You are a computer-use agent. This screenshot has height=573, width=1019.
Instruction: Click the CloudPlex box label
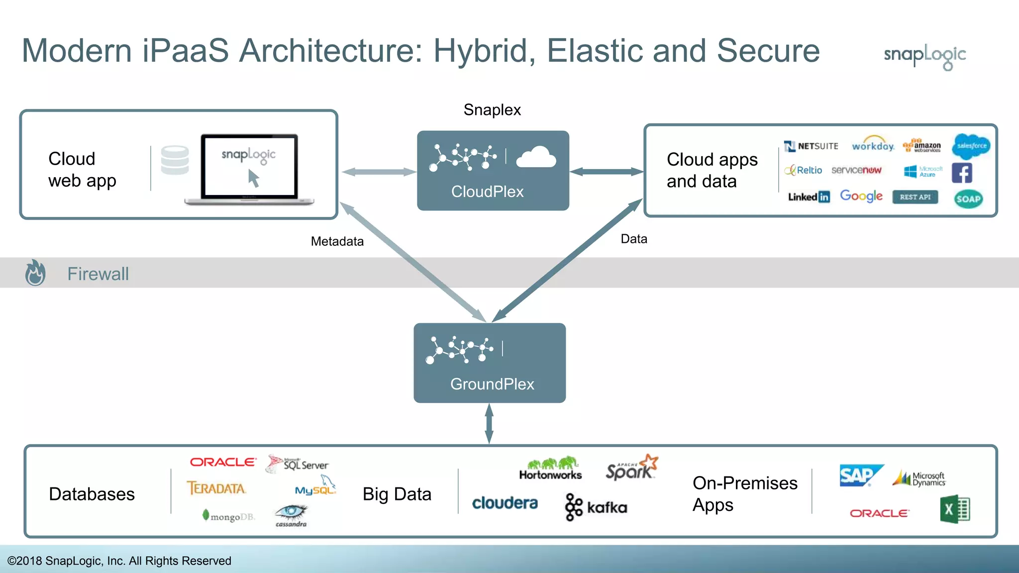tap(487, 191)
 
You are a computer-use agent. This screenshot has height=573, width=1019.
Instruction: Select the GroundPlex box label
tap(492, 384)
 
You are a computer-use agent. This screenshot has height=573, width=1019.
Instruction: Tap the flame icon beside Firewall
tap(35, 273)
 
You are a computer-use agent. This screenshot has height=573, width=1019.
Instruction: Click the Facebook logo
tap(961, 173)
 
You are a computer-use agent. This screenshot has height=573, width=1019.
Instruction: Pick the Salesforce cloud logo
tap(971, 146)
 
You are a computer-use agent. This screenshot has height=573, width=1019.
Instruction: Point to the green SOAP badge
tap(968, 199)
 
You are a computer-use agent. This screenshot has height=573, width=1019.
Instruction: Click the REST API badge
tap(915, 197)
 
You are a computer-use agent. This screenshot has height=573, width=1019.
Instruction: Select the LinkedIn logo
tap(809, 197)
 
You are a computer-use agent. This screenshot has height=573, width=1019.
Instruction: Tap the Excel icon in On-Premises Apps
tap(954, 509)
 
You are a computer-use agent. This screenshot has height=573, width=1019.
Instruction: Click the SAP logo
tap(860, 475)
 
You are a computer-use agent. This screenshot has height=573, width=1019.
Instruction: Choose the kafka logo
tap(596, 507)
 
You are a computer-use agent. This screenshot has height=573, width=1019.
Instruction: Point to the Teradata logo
tap(216, 488)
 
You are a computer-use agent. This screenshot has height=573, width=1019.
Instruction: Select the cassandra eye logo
tap(292, 515)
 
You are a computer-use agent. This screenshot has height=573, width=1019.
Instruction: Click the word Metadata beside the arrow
tap(337, 241)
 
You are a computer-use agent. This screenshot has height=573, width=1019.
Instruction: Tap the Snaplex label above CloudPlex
tap(492, 109)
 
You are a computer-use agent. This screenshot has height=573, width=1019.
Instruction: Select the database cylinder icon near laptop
tap(175, 160)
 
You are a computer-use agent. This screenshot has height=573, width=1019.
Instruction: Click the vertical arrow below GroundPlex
tap(489, 423)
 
